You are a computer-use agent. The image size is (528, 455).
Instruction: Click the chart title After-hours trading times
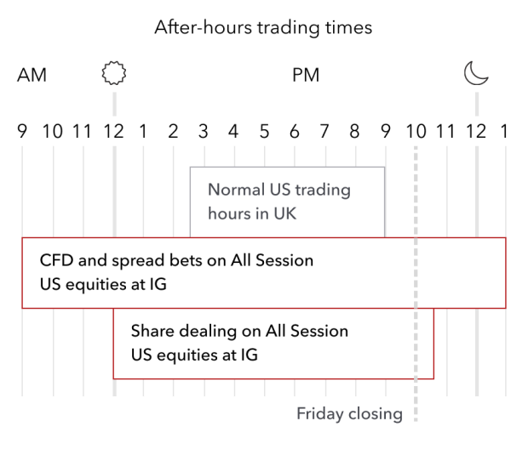(x=263, y=27)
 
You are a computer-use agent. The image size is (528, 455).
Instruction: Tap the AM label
(x=32, y=75)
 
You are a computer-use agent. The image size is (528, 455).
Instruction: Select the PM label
(x=306, y=75)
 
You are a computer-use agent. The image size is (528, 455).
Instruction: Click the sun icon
(x=114, y=74)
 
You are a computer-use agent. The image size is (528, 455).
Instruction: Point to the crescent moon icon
(x=476, y=74)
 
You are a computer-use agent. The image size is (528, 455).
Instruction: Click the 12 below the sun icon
(x=113, y=131)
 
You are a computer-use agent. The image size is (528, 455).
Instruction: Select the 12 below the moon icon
(x=475, y=131)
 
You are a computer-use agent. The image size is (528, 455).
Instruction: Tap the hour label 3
(x=203, y=131)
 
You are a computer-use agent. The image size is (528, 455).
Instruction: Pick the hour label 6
(x=295, y=131)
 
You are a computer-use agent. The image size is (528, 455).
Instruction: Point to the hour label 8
(x=354, y=131)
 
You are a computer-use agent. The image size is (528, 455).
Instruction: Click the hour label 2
(x=173, y=131)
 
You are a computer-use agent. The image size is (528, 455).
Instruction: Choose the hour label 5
(x=264, y=131)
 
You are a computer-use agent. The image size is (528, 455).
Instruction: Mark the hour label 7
(x=324, y=131)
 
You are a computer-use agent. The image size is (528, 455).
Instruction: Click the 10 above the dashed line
(x=416, y=131)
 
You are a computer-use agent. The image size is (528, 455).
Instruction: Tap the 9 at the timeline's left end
(x=22, y=131)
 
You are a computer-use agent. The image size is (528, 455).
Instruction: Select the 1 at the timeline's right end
(x=505, y=131)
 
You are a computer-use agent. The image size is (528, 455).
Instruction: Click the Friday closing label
(x=349, y=414)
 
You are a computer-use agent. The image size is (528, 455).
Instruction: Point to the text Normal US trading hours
(x=279, y=190)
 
